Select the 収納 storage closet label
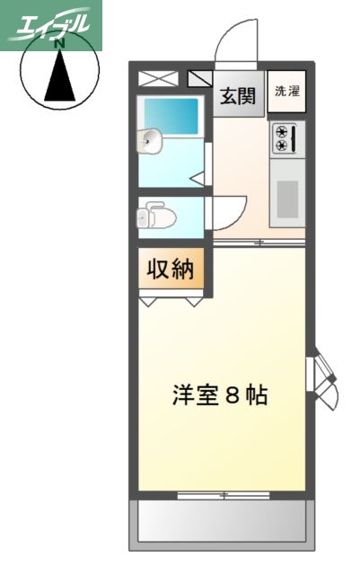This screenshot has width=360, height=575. (x=171, y=269)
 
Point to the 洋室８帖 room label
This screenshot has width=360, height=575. (x=220, y=395)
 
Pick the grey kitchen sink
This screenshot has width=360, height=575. (x=287, y=199)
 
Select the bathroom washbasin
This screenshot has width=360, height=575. (x=150, y=139)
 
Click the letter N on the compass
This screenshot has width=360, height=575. (x=60, y=41)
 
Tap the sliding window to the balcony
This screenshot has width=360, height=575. (x=222, y=495)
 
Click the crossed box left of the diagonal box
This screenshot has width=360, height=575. (x=159, y=78)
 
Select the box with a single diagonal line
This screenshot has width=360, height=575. (x=199, y=78)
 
